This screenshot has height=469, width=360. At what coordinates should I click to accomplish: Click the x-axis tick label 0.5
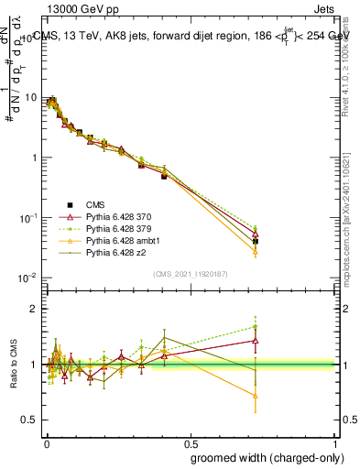191,442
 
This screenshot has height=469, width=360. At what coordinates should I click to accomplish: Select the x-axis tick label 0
46,442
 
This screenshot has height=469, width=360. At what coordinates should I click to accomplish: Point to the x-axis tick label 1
336,442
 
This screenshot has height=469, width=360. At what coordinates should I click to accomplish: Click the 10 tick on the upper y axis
32,97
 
